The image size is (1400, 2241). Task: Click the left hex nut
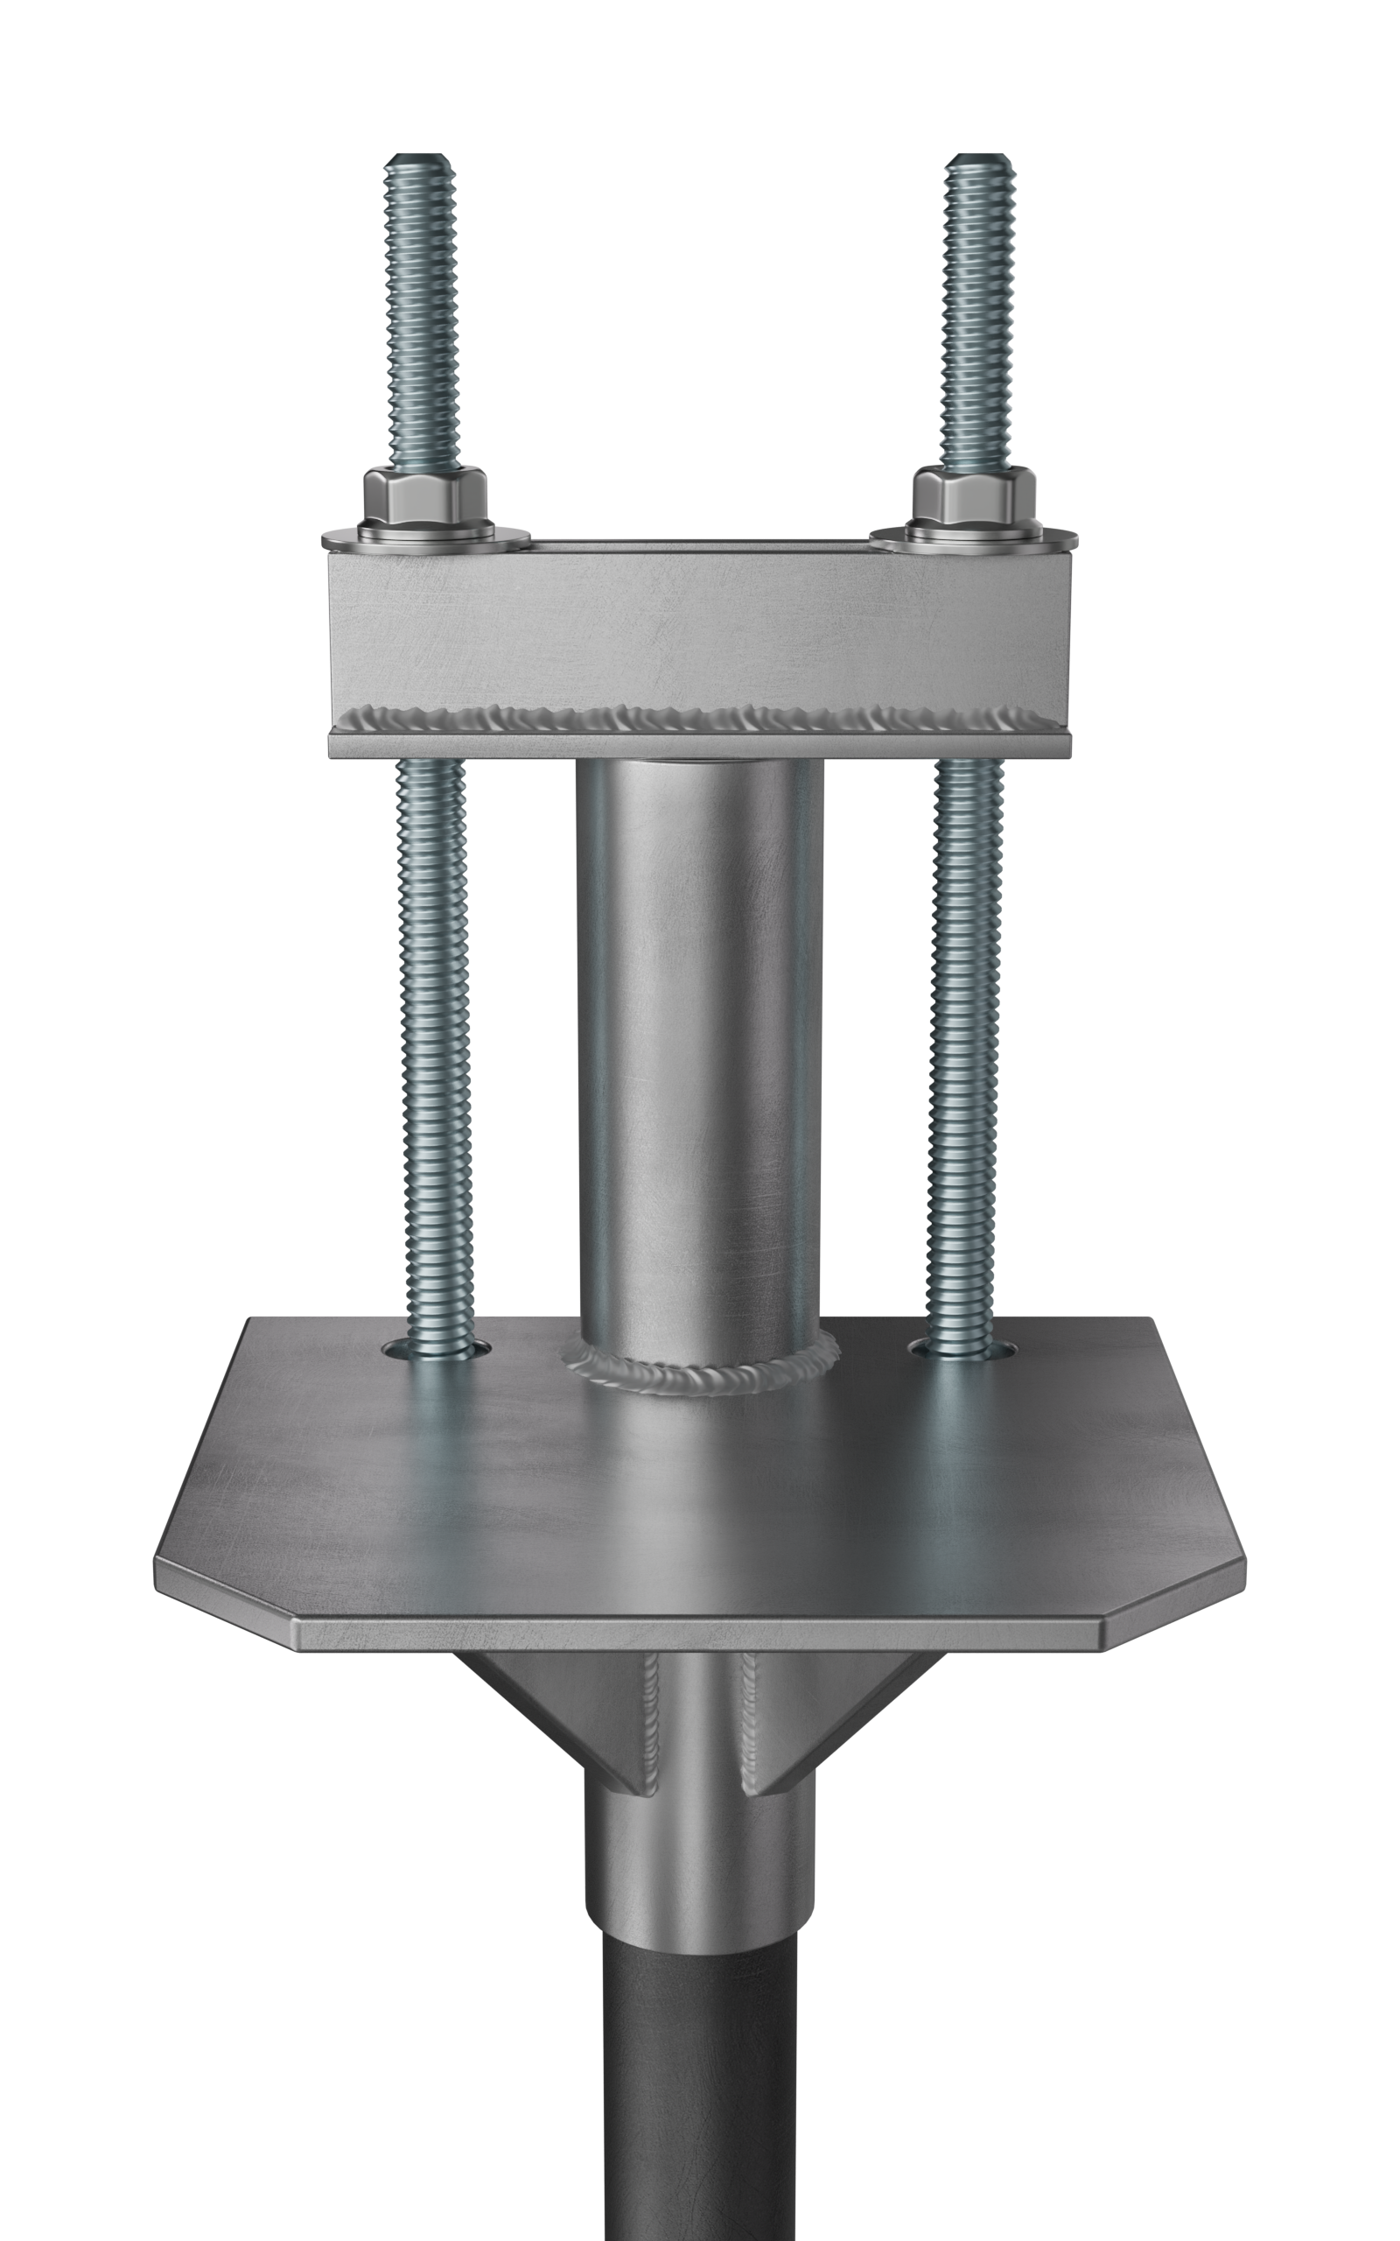click(x=425, y=497)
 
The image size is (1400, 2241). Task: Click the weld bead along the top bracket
click(x=699, y=718)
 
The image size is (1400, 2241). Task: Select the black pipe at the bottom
click(x=699, y=2083)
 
